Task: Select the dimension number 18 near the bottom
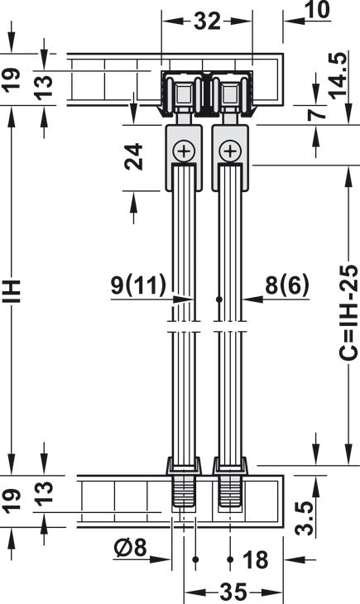coord(256,560)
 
